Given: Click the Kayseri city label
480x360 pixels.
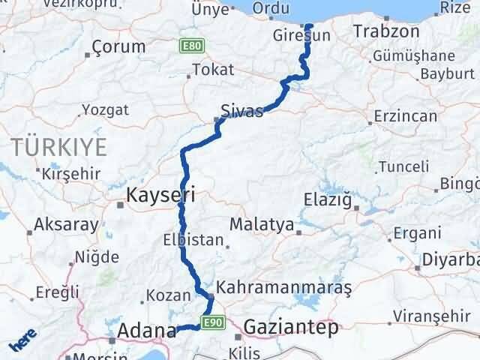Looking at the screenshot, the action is click(x=161, y=196).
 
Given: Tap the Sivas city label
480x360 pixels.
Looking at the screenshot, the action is click(x=242, y=112).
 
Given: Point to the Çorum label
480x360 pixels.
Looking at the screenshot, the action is click(x=118, y=46).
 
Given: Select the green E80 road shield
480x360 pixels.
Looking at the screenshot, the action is click(x=190, y=46).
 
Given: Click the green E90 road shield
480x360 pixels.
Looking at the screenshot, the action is click(x=214, y=322).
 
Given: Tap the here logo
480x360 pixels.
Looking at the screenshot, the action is click(x=23, y=341).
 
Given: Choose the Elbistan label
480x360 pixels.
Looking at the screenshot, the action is click(x=193, y=241).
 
